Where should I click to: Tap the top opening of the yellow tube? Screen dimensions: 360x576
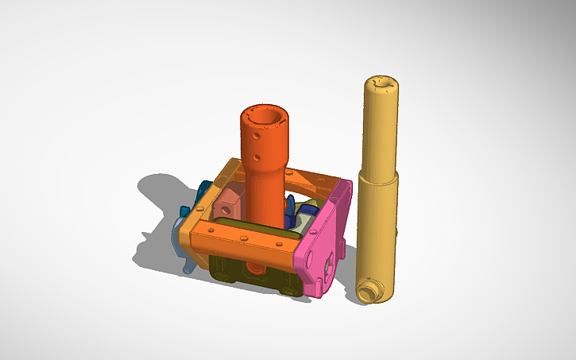[x=385, y=82]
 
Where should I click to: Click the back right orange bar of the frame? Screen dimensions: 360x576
[x=318, y=180]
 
